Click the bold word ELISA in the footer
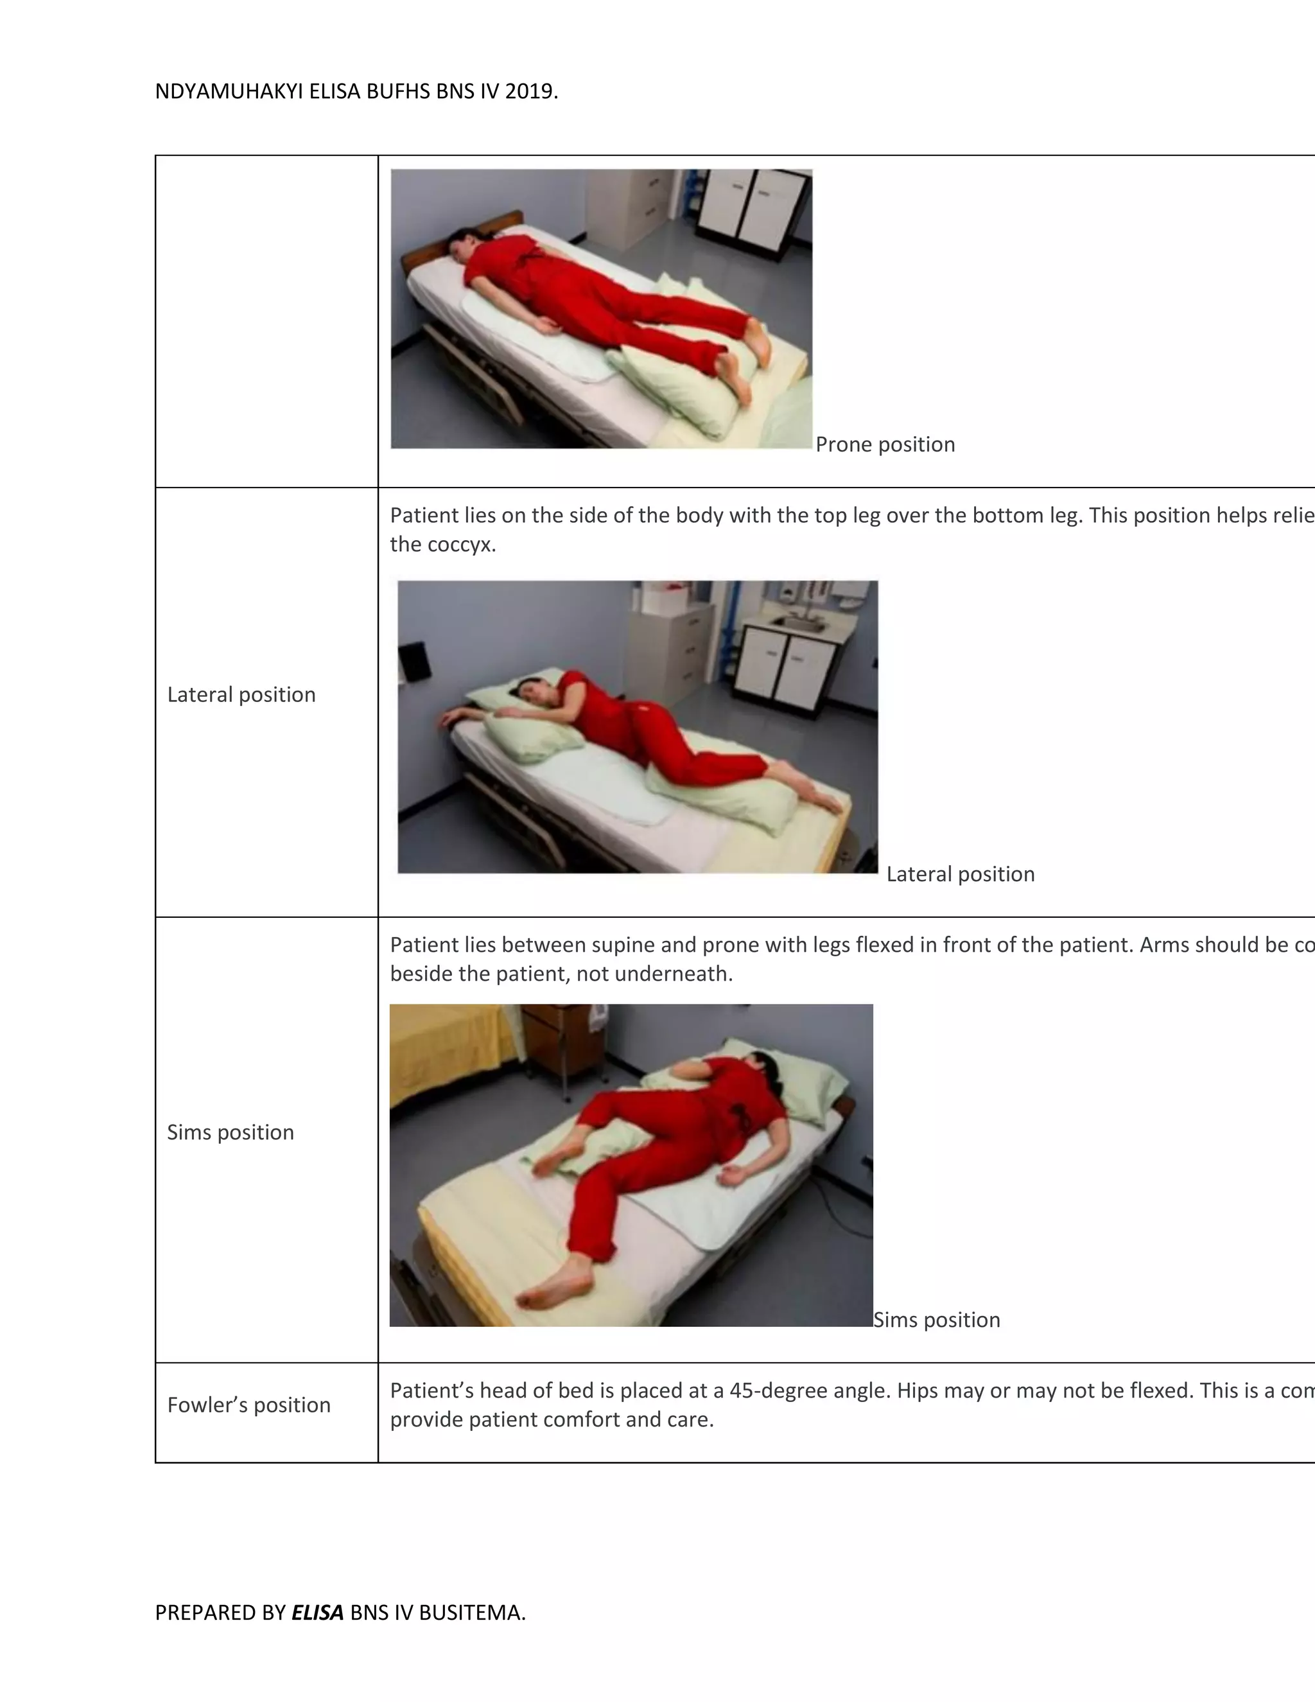pos(317,1612)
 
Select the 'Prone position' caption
pos(885,444)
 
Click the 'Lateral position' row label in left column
pos(241,694)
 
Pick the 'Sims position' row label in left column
pos(231,1132)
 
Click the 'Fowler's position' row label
pos(248,1404)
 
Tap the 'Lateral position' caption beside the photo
pos(961,873)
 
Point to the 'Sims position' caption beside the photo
pos(936,1319)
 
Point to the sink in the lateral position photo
pos(799,624)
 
